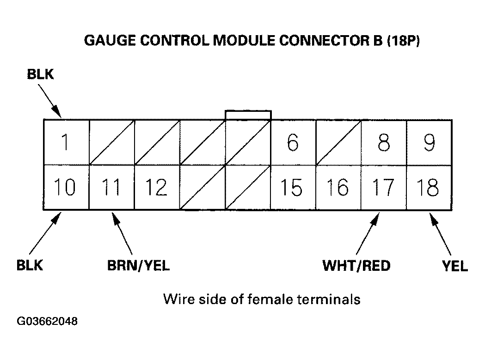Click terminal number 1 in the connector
[66, 142]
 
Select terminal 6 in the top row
[293, 142]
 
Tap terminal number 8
[383, 142]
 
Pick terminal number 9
[429, 142]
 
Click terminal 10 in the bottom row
[66, 188]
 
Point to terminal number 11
[111, 188]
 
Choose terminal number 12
[156, 188]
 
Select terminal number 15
[293, 188]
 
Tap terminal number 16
[338, 188]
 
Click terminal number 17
[383, 188]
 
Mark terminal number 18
[429, 188]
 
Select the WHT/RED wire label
[356, 265]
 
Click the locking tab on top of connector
[248, 115]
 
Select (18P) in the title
[404, 41]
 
